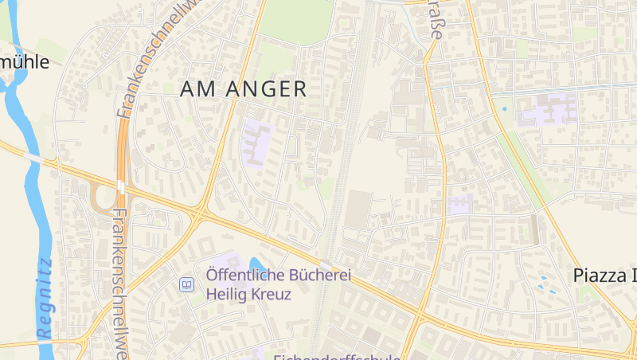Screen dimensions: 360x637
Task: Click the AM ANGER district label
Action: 244,89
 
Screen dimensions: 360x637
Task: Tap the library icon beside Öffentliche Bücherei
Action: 187,284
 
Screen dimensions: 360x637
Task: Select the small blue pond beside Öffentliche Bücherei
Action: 257,264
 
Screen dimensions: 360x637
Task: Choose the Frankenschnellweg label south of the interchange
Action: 120,283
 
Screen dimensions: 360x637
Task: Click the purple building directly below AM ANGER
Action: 256,143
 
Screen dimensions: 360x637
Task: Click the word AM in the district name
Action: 196,89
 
